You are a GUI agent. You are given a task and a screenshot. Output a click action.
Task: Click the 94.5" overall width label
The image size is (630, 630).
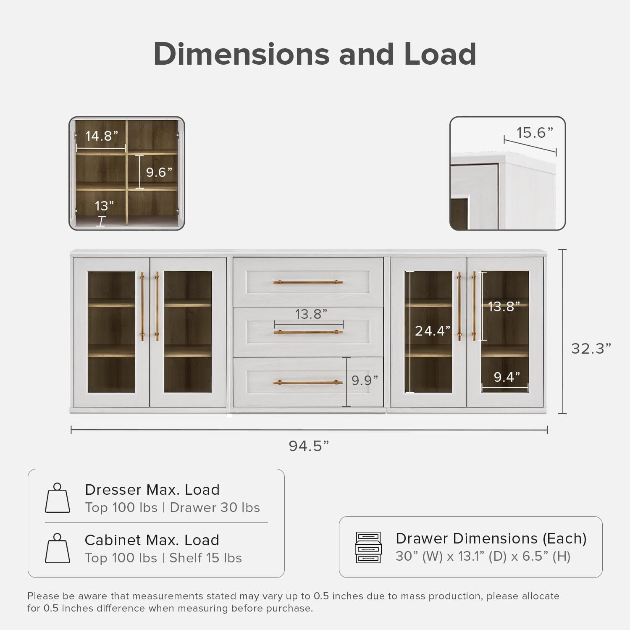pyautogui.click(x=309, y=446)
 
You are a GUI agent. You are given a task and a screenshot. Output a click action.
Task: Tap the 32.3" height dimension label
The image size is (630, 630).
pyautogui.click(x=591, y=348)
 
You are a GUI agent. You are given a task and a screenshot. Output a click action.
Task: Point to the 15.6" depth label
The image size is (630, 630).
pyautogui.click(x=534, y=133)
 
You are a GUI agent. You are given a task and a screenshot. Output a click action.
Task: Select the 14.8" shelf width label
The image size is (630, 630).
pyautogui.click(x=102, y=136)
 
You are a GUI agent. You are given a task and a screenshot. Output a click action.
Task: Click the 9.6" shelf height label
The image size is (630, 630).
pyautogui.click(x=159, y=172)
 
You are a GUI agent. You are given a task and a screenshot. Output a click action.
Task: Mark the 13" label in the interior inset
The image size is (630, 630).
pyautogui.click(x=104, y=206)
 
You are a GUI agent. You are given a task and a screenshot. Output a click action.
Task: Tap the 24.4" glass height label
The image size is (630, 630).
pyautogui.click(x=433, y=331)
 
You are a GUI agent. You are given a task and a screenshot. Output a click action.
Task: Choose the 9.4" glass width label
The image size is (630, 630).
pyautogui.click(x=507, y=377)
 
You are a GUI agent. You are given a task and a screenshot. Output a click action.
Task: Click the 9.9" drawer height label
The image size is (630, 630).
pyautogui.click(x=365, y=380)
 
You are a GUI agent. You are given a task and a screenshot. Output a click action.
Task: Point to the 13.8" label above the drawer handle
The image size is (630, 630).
pyautogui.click(x=311, y=314)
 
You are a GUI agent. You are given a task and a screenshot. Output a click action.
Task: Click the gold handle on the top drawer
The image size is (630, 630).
pyautogui.click(x=308, y=282)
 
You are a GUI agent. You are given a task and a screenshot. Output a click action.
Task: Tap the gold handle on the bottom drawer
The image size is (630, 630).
pyautogui.click(x=308, y=383)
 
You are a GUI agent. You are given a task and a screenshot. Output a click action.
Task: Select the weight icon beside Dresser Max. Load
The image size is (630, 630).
pyautogui.click(x=58, y=498)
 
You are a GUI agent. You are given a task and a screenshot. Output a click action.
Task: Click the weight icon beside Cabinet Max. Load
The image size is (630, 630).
pyautogui.click(x=58, y=548)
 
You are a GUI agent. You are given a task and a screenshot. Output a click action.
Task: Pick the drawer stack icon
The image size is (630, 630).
pyautogui.click(x=368, y=547)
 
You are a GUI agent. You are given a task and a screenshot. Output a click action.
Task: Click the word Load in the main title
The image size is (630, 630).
pyautogui.click(x=440, y=54)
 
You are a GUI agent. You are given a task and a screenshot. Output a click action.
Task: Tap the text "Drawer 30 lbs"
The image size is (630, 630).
pyautogui.click(x=215, y=507)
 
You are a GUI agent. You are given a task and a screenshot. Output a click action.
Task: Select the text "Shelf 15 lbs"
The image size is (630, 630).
pyautogui.click(x=205, y=558)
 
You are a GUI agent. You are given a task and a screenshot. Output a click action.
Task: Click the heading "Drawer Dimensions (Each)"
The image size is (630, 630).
pyautogui.click(x=491, y=538)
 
